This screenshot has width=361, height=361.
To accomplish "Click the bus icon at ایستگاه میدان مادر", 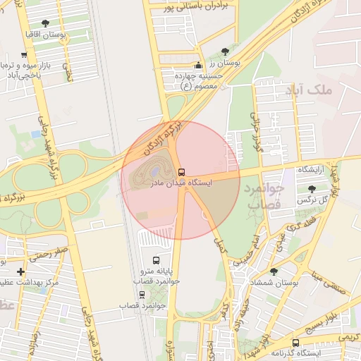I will [x=182, y=172].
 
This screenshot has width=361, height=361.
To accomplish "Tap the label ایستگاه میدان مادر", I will [x=181, y=183].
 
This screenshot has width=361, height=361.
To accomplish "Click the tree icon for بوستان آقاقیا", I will [x=46, y=24].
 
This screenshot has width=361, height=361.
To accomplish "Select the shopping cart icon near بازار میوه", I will [x=25, y=55].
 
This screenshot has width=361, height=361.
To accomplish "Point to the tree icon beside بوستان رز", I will [x=225, y=51].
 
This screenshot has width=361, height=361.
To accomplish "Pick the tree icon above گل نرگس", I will [x=312, y=189].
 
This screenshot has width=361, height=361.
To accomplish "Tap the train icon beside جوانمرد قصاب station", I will [x=142, y=295].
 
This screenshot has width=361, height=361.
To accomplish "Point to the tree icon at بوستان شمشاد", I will [x=274, y=271].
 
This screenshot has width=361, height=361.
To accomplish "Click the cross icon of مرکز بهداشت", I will [x=20, y=271].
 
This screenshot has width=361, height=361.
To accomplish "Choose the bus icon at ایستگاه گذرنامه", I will [x=295, y=343].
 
